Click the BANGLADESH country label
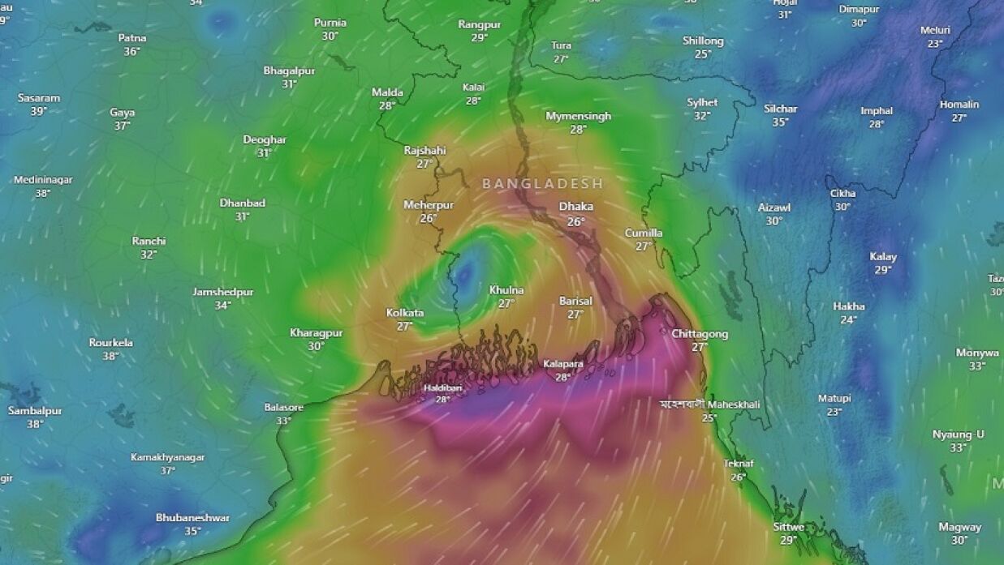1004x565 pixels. pyautogui.click(x=543, y=184)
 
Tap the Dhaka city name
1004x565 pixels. pyautogui.click(x=575, y=207)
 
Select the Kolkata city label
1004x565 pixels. pyautogui.click(x=404, y=312)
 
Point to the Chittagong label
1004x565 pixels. pyautogui.click(x=700, y=334)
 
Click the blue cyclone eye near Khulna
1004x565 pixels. pyautogui.click(x=465, y=276)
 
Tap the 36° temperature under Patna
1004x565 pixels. pyautogui.click(x=131, y=51)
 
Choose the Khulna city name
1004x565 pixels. pyautogui.click(x=506, y=290)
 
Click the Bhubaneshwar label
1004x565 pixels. pyautogui.click(x=192, y=517)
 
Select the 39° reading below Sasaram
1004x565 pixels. pyautogui.click(x=38, y=111)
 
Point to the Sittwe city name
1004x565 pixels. pyautogui.click(x=788, y=527)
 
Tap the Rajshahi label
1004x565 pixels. pyautogui.click(x=424, y=151)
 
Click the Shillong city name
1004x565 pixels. pyautogui.click(x=703, y=41)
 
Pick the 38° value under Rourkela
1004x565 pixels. pyautogui.click(x=110, y=356)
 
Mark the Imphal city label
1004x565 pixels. pyautogui.click(x=877, y=111)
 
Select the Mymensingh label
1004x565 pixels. pyautogui.click(x=578, y=116)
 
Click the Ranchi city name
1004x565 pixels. pyautogui.click(x=149, y=241)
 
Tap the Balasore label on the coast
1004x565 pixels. pyautogui.click(x=284, y=407)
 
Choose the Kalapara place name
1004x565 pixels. pyautogui.click(x=563, y=364)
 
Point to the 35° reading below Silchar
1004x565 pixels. pyautogui.click(x=780, y=122)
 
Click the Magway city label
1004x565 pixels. pyautogui.click(x=959, y=527)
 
